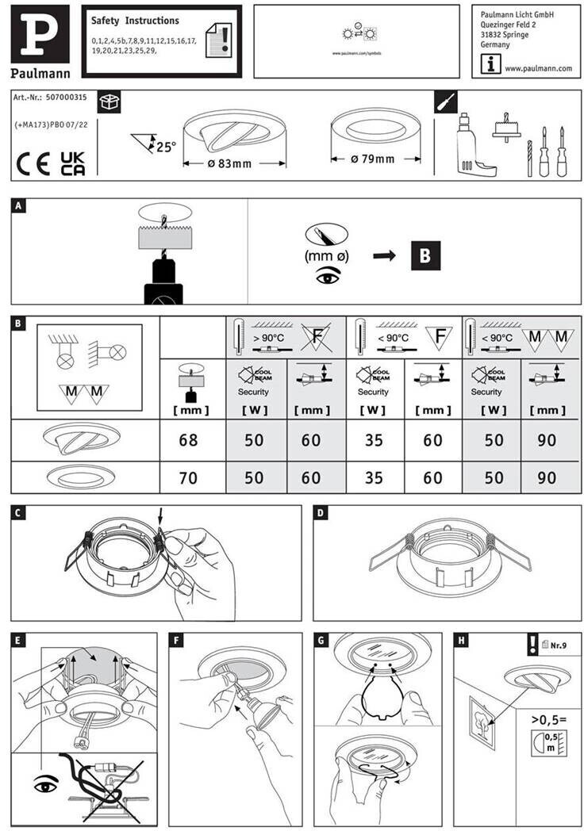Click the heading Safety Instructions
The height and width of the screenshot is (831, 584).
click(x=135, y=21)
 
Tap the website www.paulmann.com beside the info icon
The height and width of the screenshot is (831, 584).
click(x=538, y=68)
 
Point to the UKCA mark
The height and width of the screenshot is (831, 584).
click(x=73, y=163)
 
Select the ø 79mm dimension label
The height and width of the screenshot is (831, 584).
click(x=372, y=159)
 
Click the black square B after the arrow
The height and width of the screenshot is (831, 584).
click(x=425, y=255)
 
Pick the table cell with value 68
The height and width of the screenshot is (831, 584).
click(x=188, y=440)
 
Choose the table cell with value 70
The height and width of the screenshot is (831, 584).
click(x=188, y=478)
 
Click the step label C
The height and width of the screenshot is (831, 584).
click(x=19, y=513)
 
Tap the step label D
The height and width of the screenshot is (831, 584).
click(x=321, y=513)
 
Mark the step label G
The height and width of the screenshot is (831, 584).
click(x=321, y=639)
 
